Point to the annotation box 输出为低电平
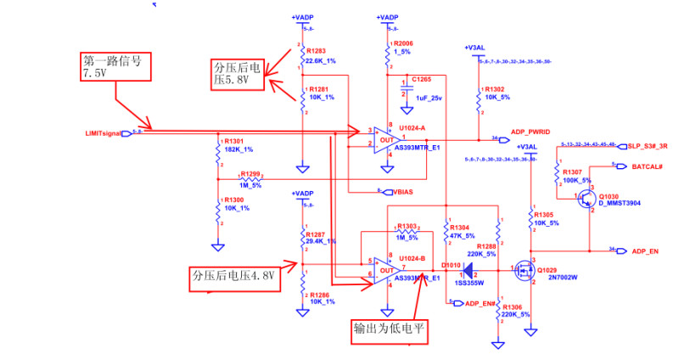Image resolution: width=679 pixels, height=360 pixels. tap(390, 331)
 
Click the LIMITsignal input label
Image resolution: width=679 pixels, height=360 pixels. tap(105, 133)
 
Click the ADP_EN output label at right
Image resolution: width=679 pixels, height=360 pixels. tap(645, 251)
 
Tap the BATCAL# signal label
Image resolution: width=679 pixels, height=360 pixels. tap(648, 167)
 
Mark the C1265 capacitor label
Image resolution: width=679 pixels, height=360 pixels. tap(422, 78)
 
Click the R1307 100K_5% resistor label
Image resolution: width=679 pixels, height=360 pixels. tap(577, 176)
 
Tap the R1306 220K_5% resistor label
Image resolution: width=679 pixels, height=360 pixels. tap(516, 311)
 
